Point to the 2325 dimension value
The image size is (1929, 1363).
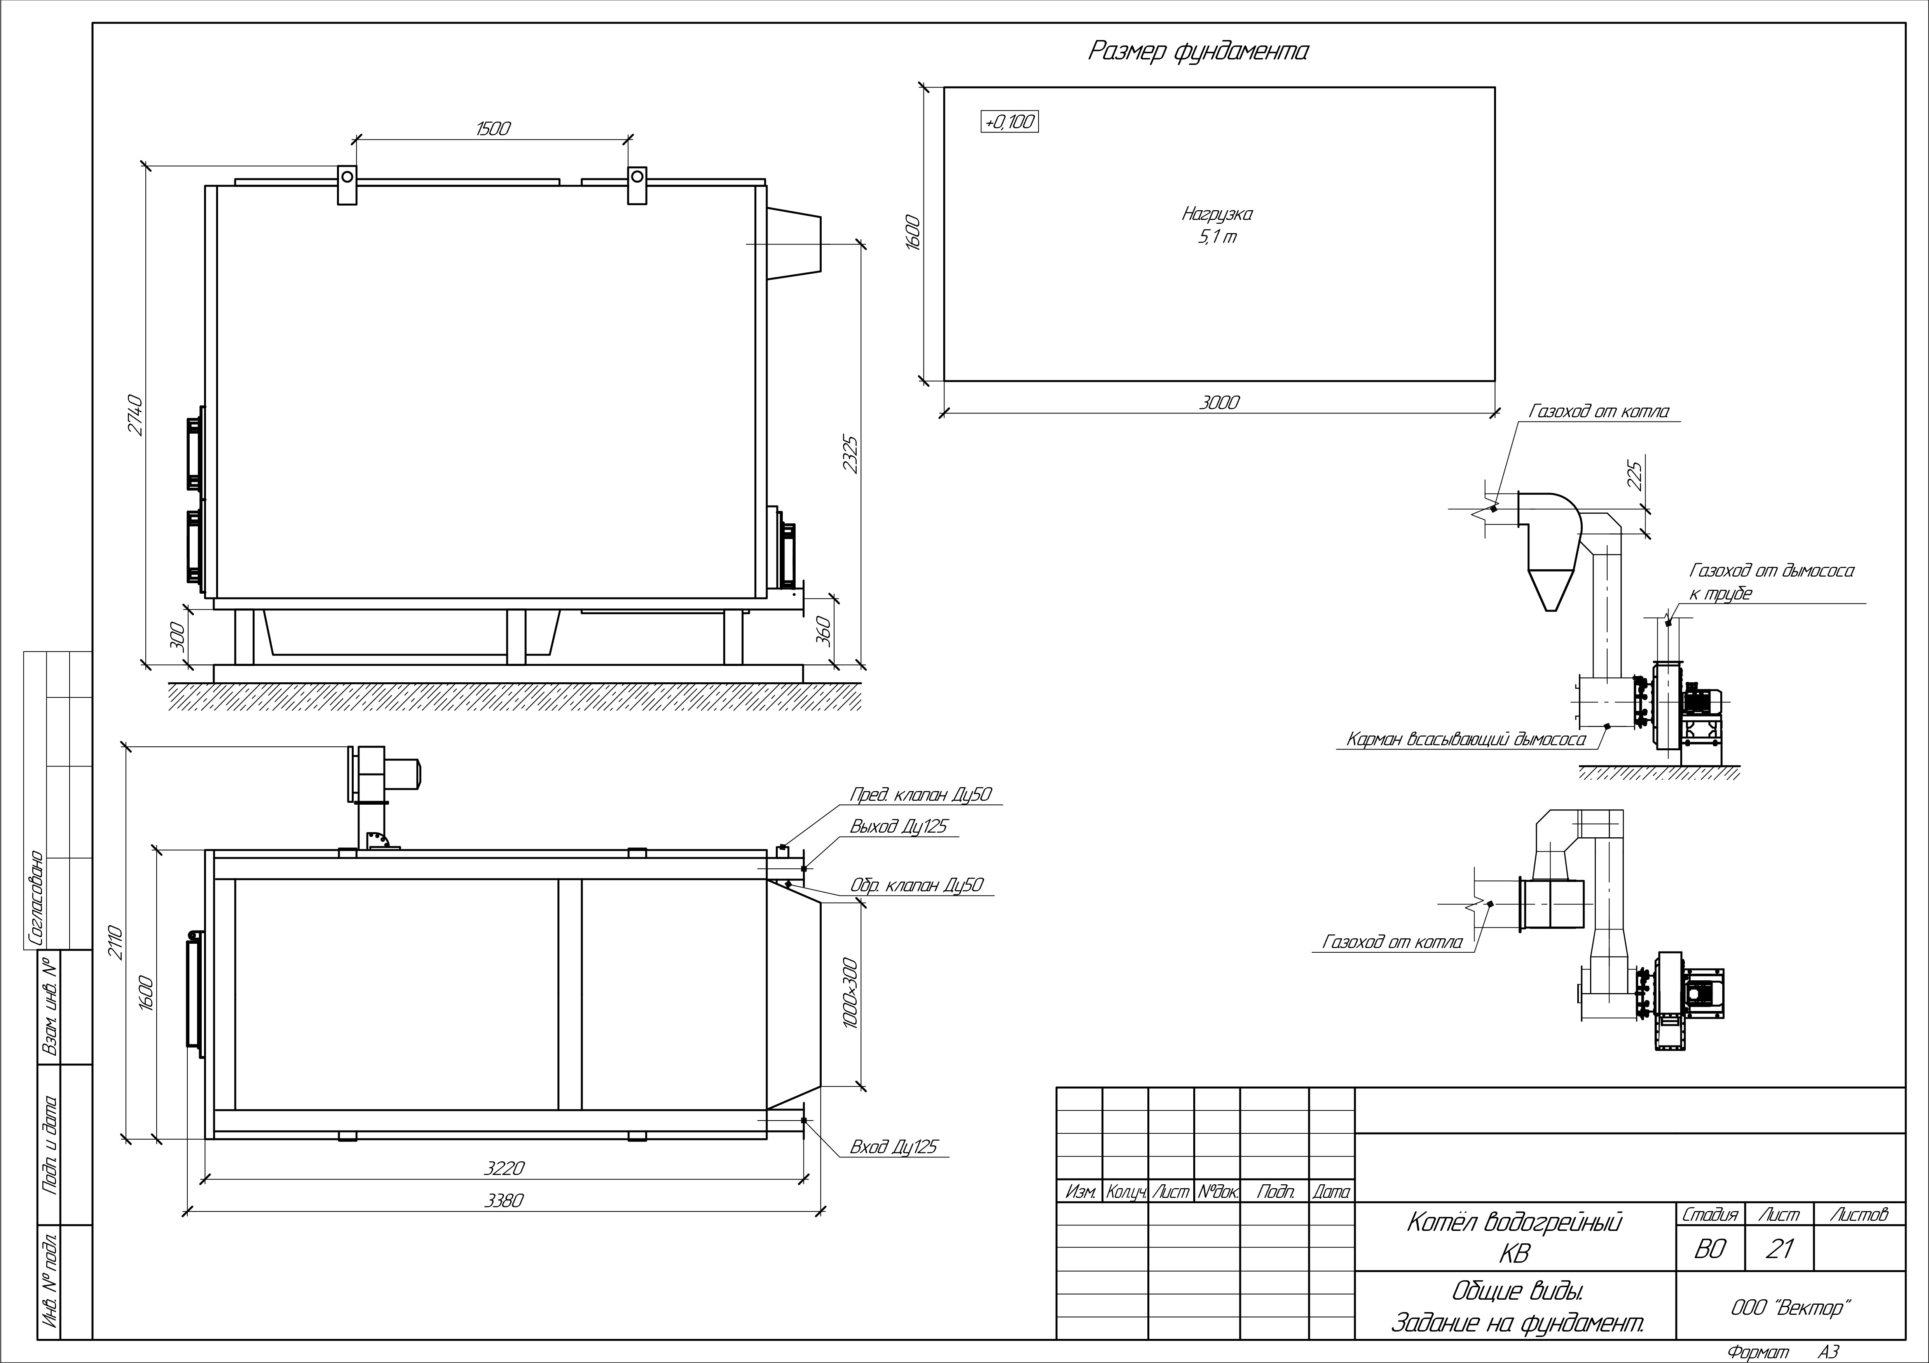click(850, 454)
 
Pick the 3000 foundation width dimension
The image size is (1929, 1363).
click(1218, 402)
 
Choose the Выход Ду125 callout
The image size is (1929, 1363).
click(898, 826)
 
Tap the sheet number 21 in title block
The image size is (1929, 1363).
click(1779, 1250)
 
